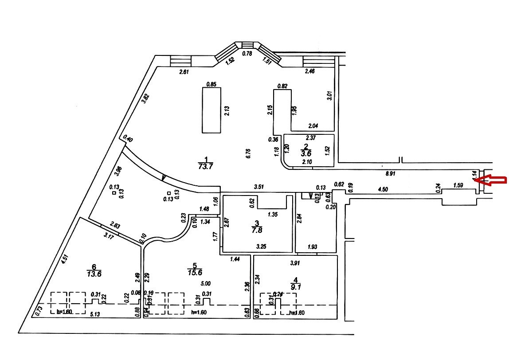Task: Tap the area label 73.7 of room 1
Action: coord(205,166)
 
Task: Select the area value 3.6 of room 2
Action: coord(306,154)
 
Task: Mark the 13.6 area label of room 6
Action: coord(94,274)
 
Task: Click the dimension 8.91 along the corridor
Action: coord(391,174)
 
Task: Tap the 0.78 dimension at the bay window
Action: coord(247,54)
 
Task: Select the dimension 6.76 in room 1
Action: coord(248,153)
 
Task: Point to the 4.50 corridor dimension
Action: coord(382,190)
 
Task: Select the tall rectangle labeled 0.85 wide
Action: coord(211,110)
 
